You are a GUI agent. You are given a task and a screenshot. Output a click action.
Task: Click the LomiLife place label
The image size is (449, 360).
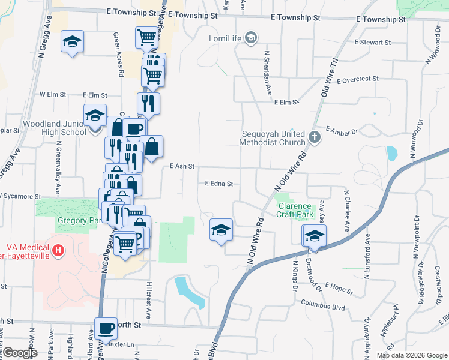224,40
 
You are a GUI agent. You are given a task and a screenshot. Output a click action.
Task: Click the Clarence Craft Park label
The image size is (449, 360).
295,210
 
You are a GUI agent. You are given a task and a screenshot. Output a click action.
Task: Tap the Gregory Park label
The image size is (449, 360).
74,221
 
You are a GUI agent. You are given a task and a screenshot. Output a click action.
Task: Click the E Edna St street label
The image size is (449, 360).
218,184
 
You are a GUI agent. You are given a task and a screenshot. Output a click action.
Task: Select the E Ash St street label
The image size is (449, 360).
182,166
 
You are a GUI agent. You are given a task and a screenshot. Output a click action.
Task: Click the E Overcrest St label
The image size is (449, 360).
358,79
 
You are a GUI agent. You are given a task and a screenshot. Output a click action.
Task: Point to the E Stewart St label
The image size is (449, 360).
372,43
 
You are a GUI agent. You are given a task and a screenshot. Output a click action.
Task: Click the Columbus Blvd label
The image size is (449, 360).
323,304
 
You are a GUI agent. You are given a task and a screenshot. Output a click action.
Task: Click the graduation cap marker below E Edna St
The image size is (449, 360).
221,230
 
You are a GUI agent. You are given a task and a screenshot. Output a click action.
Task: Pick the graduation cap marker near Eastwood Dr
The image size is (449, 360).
313,236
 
